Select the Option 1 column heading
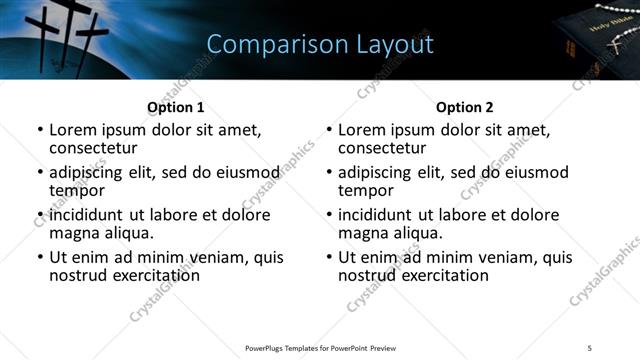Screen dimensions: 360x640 (x=175, y=107)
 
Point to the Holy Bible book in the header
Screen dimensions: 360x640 (x=600, y=40)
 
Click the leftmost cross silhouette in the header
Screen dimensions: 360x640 (x=45, y=30)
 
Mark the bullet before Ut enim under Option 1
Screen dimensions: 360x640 (x=40, y=258)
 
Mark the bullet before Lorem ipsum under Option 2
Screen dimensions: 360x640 (x=329, y=131)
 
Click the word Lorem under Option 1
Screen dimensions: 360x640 (x=74, y=130)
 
